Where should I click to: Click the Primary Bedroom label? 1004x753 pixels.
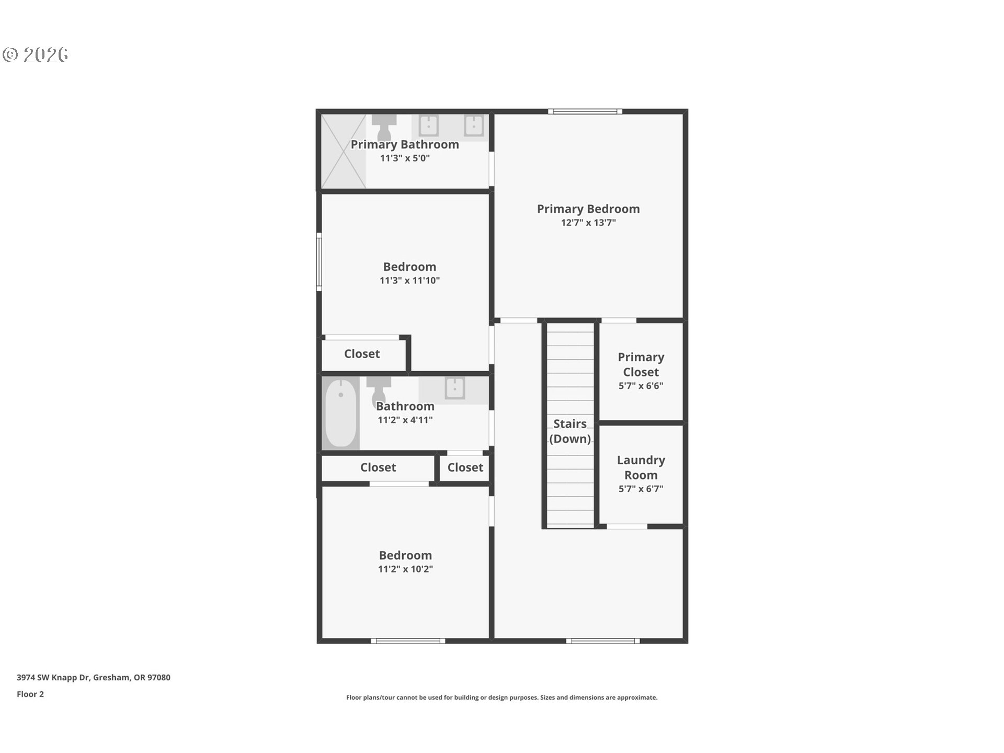click(588, 209)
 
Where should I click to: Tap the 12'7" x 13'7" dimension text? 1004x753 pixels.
click(588, 223)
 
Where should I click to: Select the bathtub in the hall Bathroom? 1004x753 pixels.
click(340, 413)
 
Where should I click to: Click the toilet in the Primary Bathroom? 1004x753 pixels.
click(384, 128)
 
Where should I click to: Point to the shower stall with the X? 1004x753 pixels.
click(343, 151)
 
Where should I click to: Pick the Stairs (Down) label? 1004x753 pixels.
click(569, 431)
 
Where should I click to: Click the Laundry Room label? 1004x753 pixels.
click(641, 467)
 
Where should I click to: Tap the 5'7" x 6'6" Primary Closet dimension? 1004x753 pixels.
click(641, 386)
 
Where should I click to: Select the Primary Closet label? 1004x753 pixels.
click(641, 364)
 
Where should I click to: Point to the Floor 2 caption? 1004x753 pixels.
click(30, 694)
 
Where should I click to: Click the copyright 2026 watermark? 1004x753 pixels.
click(36, 55)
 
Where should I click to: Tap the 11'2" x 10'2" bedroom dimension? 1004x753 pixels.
click(405, 569)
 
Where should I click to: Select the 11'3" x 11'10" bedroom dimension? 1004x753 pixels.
click(409, 281)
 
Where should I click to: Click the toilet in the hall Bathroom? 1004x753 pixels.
click(378, 390)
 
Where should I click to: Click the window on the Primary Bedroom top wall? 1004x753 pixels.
click(585, 111)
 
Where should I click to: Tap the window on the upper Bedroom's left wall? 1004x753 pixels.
click(319, 262)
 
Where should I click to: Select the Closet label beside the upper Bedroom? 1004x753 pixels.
click(362, 354)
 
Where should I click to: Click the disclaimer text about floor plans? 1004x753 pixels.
click(501, 698)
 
